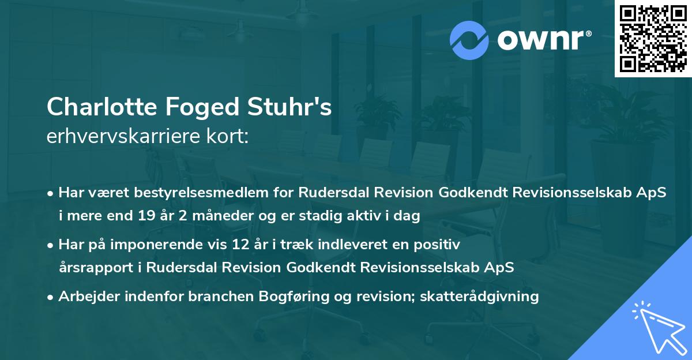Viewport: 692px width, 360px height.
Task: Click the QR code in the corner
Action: click(652, 39)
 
